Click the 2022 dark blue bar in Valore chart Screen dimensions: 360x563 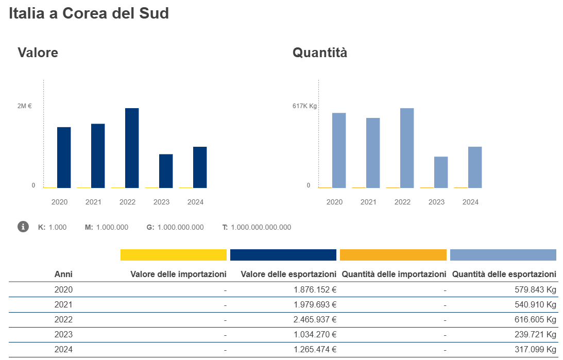132,148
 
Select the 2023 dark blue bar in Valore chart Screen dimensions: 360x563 166,171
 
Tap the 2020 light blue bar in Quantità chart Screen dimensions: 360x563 339,150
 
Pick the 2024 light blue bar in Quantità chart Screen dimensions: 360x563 475,167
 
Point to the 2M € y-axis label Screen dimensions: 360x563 24,106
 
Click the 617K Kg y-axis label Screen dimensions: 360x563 304,106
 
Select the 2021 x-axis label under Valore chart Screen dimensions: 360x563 93,202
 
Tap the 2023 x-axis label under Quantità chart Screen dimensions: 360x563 436,202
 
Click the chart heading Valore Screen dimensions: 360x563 38,53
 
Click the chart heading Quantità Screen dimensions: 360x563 320,53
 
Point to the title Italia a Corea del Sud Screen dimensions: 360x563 89,13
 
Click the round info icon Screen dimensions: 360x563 23,227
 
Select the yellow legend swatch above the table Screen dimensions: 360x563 174,255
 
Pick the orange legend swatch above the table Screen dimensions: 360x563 393,255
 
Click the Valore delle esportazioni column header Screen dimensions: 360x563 288,275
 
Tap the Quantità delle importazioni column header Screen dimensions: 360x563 394,275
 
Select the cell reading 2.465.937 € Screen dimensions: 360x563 315,319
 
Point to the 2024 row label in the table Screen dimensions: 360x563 63,349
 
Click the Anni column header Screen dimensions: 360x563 63,275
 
